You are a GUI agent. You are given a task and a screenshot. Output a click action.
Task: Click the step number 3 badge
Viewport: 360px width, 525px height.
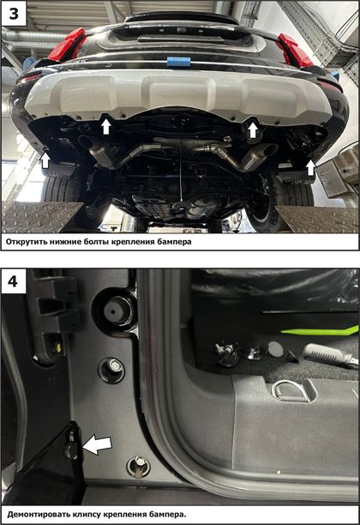[14, 14]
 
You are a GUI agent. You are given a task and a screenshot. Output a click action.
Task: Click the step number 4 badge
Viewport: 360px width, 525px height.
[14, 281]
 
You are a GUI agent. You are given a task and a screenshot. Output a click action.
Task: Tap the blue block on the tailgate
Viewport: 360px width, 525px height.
[178, 63]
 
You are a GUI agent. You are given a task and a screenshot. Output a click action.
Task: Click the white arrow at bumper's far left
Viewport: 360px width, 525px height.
[45, 160]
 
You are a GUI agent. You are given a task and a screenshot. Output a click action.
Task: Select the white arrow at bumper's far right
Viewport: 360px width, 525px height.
[311, 168]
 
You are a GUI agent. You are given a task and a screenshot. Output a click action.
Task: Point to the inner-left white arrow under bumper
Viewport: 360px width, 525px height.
[106, 127]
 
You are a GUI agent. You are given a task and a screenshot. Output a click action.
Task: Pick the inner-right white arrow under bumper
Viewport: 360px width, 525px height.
[253, 130]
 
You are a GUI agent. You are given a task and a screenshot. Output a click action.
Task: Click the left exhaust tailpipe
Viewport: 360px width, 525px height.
[87, 142]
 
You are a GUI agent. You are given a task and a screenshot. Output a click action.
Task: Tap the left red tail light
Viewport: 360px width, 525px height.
[67, 45]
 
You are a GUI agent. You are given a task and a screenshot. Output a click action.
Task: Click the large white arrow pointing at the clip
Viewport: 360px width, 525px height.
[97, 445]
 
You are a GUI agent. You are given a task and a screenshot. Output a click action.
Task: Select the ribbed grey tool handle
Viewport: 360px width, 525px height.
[325, 353]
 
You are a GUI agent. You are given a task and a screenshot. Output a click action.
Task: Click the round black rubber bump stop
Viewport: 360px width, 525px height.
[113, 311]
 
